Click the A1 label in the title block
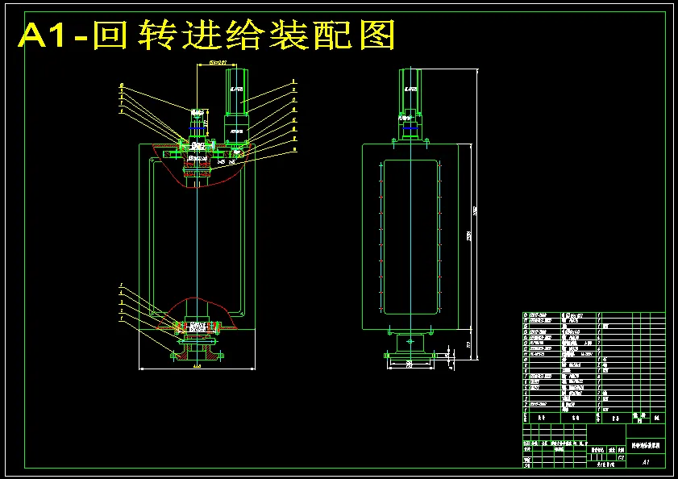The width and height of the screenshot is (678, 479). tap(646, 462)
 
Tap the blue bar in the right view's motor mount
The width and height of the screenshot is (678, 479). tap(411, 127)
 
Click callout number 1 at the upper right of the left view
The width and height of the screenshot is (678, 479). tap(294, 81)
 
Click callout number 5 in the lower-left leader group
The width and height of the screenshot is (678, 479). tap(121, 285)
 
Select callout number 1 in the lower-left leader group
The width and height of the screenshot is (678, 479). tap(121, 319)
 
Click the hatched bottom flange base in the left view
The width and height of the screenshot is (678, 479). tap(196, 352)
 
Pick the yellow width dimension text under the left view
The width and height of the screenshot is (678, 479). tap(196, 365)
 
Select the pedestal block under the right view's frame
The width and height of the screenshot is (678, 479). tap(411, 342)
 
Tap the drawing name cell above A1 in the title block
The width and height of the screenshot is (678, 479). tap(646, 444)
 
